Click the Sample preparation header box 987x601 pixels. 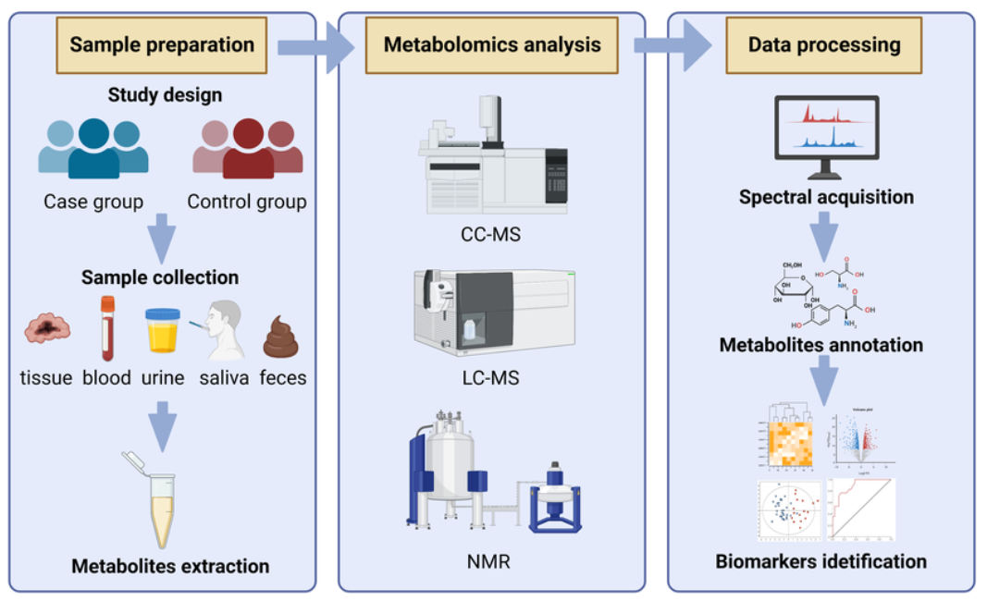162,44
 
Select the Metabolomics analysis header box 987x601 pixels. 491,44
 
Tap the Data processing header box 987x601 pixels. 823,44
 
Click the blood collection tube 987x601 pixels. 107,327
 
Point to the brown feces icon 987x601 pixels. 281,337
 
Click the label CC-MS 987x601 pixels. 490,235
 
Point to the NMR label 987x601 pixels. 490,560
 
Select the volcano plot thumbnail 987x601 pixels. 861,437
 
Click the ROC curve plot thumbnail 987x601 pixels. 860,509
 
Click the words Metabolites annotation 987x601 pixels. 821,345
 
